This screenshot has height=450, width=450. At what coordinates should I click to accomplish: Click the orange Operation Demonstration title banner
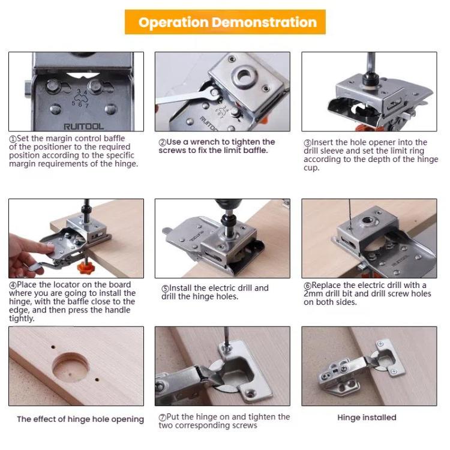(225, 22)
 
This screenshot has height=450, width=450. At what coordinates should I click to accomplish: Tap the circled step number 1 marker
(12, 139)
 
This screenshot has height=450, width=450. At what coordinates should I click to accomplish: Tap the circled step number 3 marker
(307, 142)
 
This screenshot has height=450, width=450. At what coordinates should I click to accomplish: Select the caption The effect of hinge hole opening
(80, 419)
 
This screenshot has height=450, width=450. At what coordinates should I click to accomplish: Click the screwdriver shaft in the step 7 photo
(223, 342)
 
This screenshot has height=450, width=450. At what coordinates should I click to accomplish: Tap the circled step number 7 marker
(163, 417)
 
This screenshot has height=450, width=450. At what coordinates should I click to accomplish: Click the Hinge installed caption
(367, 417)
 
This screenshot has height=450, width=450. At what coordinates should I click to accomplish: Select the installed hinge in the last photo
(360, 366)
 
